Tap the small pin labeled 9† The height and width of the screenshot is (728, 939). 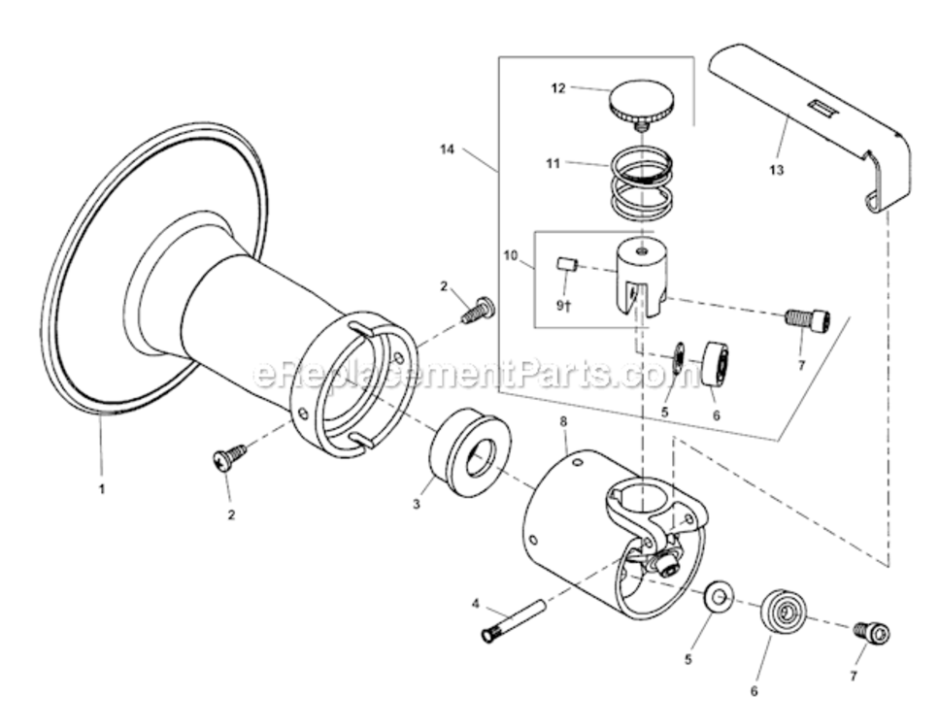(x=568, y=263)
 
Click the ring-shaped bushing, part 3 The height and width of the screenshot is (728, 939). (x=469, y=453)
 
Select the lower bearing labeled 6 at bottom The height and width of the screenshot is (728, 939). (x=783, y=612)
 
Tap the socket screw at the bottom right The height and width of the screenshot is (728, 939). (x=872, y=633)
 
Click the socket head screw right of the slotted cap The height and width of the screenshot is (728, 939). (x=808, y=318)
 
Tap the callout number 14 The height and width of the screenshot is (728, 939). (x=446, y=150)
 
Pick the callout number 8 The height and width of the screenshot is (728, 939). (x=563, y=422)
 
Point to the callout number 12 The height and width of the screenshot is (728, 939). (x=557, y=88)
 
